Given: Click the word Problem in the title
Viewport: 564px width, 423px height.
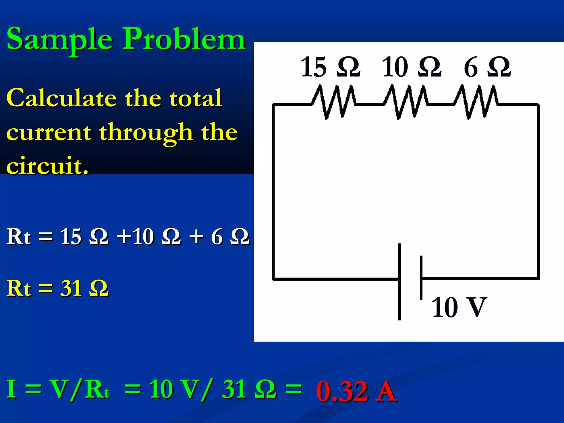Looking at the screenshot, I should (x=184, y=39).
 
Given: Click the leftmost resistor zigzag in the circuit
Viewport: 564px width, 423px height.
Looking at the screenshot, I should (x=333, y=102).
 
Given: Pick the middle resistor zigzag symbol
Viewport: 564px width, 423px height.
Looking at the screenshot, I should (x=405, y=102).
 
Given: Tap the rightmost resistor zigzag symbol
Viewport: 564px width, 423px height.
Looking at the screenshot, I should (x=476, y=102).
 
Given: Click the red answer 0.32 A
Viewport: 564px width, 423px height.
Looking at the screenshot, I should (x=356, y=391).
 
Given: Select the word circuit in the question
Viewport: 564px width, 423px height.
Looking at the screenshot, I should (x=47, y=166).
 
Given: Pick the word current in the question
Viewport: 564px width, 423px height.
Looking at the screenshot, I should (x=48, y=132).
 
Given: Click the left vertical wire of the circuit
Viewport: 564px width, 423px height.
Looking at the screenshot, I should (x=273, y=193).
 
